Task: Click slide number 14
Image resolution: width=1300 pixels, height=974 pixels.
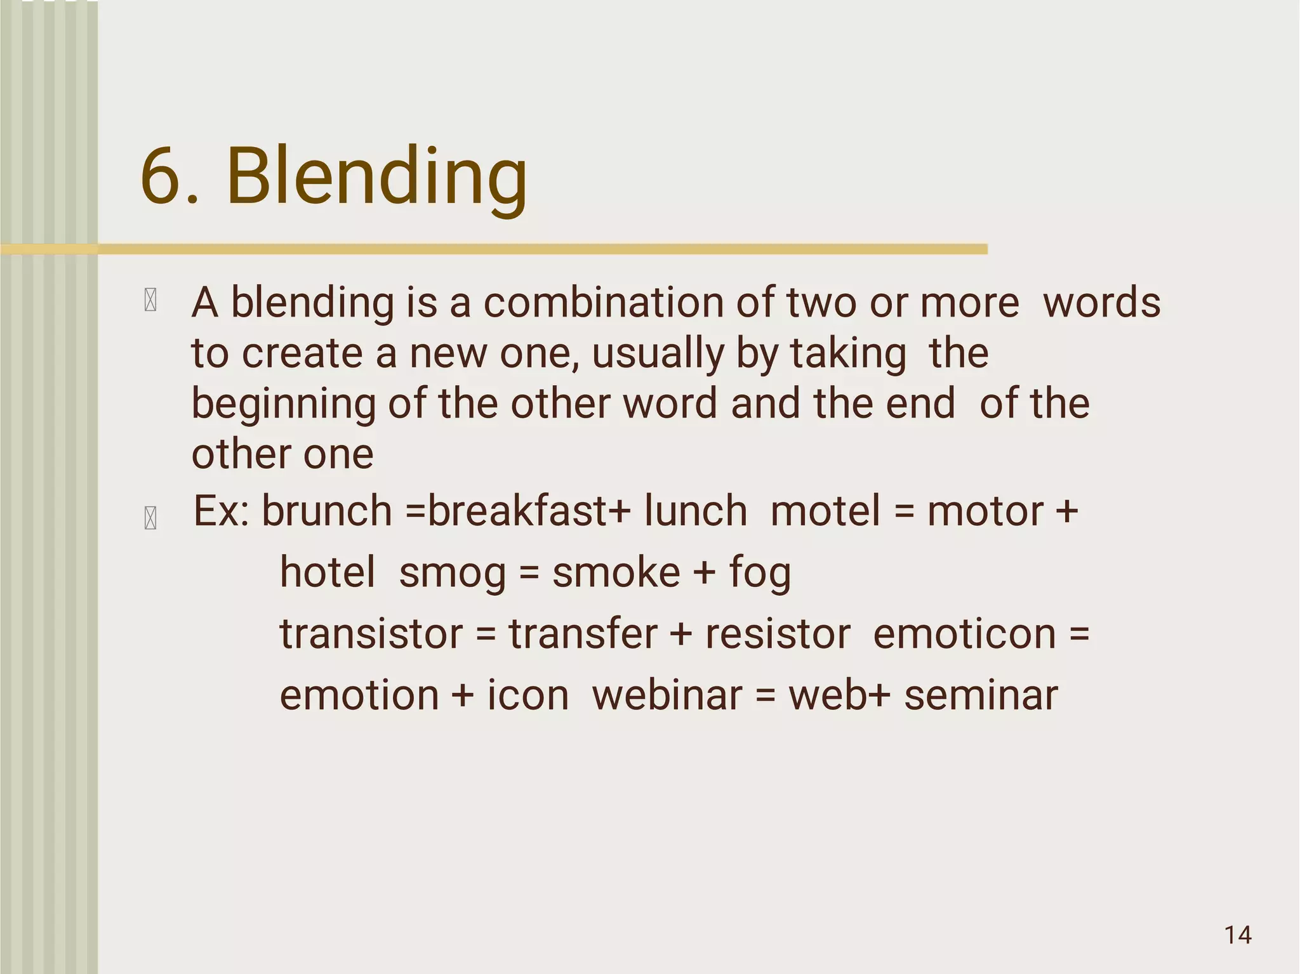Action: click(1237, 935)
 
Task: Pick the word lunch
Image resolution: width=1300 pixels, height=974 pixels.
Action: click(695, 511)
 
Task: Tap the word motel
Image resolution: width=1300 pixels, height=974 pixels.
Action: click(825, 511)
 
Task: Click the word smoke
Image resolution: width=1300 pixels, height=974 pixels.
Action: click(616, 573)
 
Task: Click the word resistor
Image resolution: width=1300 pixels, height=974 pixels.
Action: click(778, 634)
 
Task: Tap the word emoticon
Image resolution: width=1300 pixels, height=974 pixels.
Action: click(964, 634)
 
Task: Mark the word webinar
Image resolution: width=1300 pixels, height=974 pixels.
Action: click(667, 695)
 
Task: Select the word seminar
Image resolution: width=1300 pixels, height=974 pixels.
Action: click(981, 695)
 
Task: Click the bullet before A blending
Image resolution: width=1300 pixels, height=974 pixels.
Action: click(150, 300)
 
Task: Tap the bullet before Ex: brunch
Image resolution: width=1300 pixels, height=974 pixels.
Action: click(150, 518)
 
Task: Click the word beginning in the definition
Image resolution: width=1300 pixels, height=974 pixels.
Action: click(284, 404)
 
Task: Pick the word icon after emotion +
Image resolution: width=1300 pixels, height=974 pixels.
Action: click(527, 695)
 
